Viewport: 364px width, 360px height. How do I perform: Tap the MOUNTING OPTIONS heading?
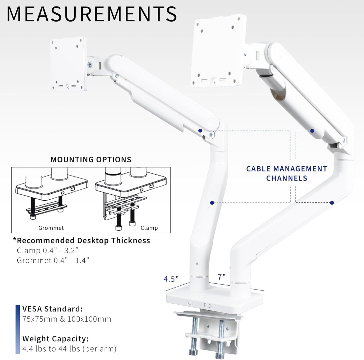[91, 160]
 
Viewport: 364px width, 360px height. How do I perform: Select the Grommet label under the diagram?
[51, 228]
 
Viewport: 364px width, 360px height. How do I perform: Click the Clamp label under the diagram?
[149, 228]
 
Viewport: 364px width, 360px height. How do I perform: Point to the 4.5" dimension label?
[171, 279]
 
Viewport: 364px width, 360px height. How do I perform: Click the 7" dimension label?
[222, 277]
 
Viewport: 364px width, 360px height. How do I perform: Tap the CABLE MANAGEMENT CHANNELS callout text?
[287, 173]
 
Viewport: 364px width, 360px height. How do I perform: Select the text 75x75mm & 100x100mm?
[67, 319]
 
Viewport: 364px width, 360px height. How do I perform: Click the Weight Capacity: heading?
[55, 339]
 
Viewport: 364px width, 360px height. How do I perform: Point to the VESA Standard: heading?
[52, 309]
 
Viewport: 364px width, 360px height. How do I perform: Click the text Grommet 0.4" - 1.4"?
[53, 260]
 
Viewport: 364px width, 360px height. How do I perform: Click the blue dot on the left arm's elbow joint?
[200, 131]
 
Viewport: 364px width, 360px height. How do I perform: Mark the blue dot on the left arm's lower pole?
[212, 203]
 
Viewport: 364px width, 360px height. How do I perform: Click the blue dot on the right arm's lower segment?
[332, 203]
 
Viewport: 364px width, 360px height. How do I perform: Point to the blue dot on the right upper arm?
[312, 131]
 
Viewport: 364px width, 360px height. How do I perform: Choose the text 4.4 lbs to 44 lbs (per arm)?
[69, 349]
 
